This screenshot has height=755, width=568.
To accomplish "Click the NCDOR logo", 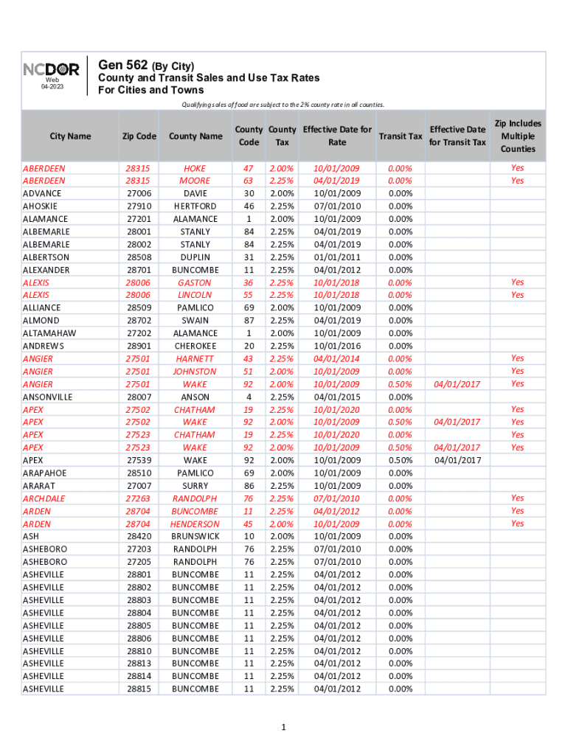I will (x=51, y=69).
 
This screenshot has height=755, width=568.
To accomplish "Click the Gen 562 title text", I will (x=146, y=65).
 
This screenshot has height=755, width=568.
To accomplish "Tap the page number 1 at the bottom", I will (x=283, y=728).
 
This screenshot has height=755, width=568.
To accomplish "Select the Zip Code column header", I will (x=139, y=136).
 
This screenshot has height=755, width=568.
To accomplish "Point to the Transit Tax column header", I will (x=400, y=136).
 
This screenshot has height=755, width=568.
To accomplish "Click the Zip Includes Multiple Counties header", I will (x=517, y=136).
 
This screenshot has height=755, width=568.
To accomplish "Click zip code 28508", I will (x=139, y=257).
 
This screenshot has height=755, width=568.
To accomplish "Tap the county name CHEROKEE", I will (x=195, y=346).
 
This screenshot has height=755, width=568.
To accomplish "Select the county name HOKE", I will (x=195, y=168).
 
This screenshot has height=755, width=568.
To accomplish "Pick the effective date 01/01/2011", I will (x=337, y=257).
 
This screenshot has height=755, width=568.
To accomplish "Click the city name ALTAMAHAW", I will (x=49, y=333).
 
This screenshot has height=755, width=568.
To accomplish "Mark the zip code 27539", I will (x=139, y=460).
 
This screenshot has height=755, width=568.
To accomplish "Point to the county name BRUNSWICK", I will (x=195, y=536).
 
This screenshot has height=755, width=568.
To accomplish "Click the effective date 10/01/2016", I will (x=337, y=346).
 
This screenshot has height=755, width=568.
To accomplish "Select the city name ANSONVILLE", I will (x=48, y=397).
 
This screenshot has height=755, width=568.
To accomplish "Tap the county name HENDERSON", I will (x=195, y=523).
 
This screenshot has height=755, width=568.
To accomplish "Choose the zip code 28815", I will (x=139, y=689).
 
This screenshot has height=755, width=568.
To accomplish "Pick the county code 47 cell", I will (x=249, y=168).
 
